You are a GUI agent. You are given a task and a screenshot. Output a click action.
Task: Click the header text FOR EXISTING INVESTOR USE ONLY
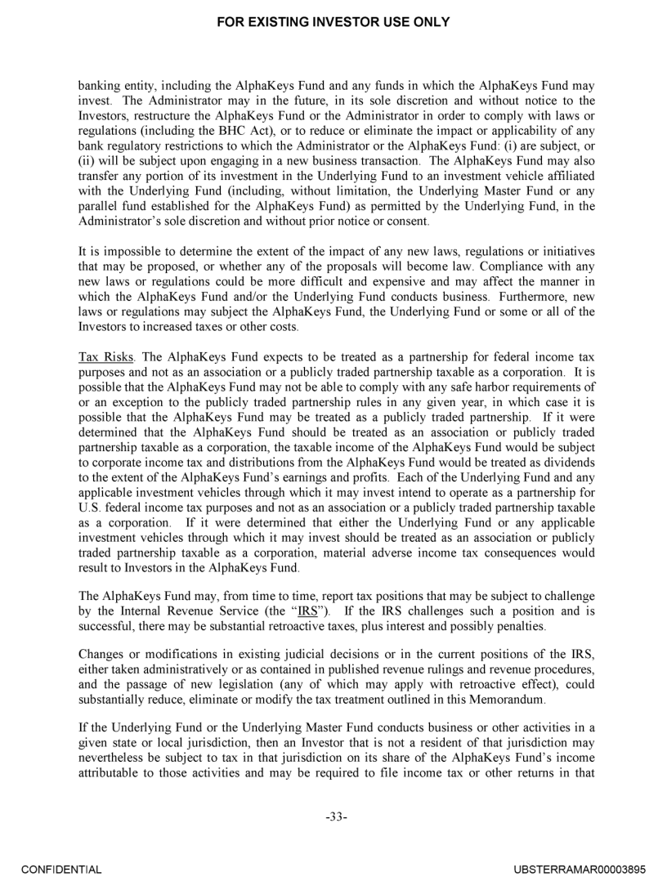coord(333,22)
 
